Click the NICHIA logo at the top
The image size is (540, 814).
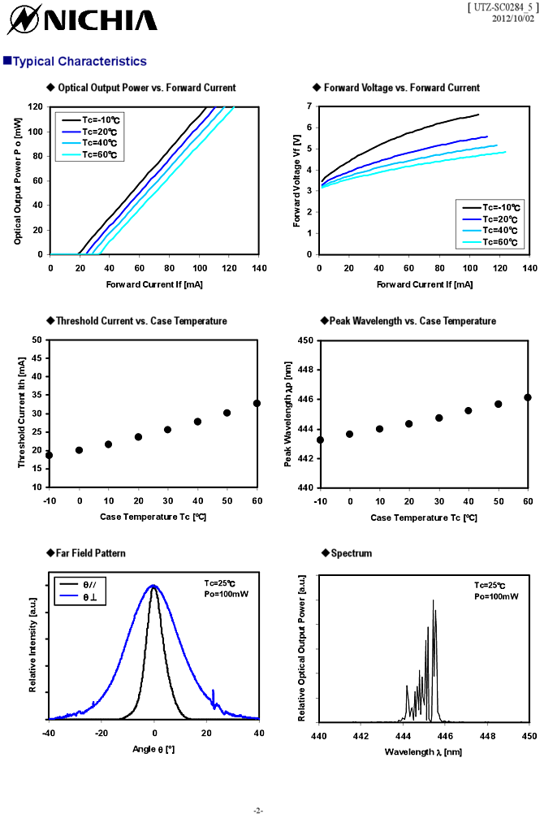click(80, 19)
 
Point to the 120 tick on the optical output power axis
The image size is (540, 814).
click(36, 106)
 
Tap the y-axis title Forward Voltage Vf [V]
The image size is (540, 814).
click(297, 180)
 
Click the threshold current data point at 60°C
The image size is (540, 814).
click(257, 403)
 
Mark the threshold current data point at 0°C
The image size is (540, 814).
click(79, 450)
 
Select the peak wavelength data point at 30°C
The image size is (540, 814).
click(438, 418)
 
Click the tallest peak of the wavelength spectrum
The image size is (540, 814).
click(433, 601)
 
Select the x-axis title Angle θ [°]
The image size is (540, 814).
click(153, 748)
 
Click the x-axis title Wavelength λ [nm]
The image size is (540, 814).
click(423, 751)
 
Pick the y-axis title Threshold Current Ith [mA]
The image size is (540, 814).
click(22, 413)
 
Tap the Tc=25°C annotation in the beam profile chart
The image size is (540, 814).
click(220, 582)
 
